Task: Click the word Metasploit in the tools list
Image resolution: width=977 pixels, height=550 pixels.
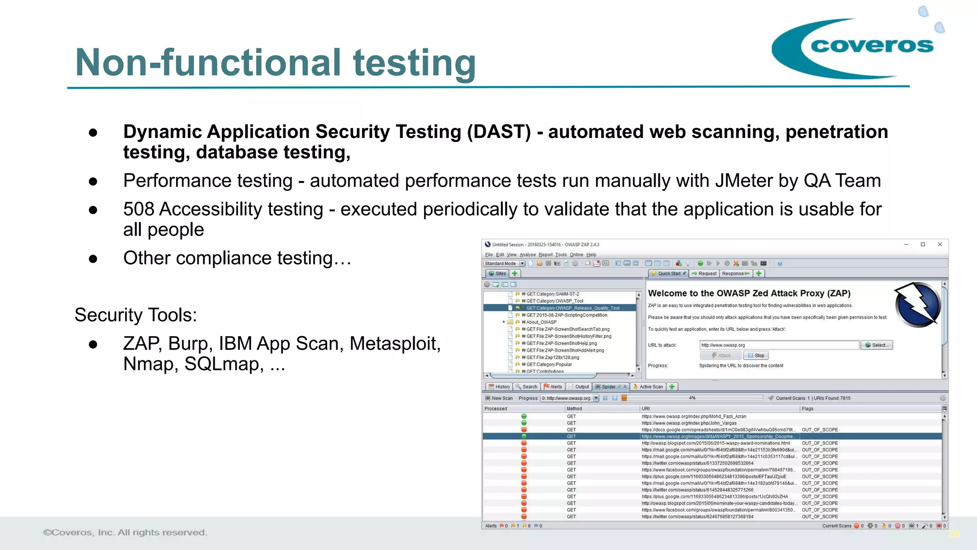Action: pyautogui.click(x=395, y=344)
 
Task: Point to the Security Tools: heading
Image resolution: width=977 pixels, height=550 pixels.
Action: pyautogui.click(x=135, y=315)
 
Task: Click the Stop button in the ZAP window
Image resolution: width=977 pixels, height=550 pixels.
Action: pyautogui.click(x=756, y=356)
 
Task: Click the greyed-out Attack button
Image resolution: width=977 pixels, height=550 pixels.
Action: pyautogui.click(x=721, y=356)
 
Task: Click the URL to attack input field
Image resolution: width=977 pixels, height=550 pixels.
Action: pyautogui.click(x=779, y=345)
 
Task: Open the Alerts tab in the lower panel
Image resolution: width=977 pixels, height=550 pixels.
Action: pyautogui.click(x=553, y=387)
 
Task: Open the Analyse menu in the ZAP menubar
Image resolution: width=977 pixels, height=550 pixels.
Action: pyautogui.click(x=527, y=255)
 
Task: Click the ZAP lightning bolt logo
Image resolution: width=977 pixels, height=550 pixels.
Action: pyautogui.click(x=917, y=305)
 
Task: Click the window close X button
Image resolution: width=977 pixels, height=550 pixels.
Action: pyautogui.click(x=940, y=244)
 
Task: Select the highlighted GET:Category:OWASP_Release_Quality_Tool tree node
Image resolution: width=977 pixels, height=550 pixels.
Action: pyautogui.click(x=572, y=308)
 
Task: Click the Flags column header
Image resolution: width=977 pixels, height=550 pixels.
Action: pyautogui.click(x=808, y=409)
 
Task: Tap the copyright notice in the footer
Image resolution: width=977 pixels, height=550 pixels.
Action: pyautogui.click(x=125, y=532)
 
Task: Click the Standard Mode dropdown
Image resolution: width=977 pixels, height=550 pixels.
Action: pyautogui.click(x=504, y=264)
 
